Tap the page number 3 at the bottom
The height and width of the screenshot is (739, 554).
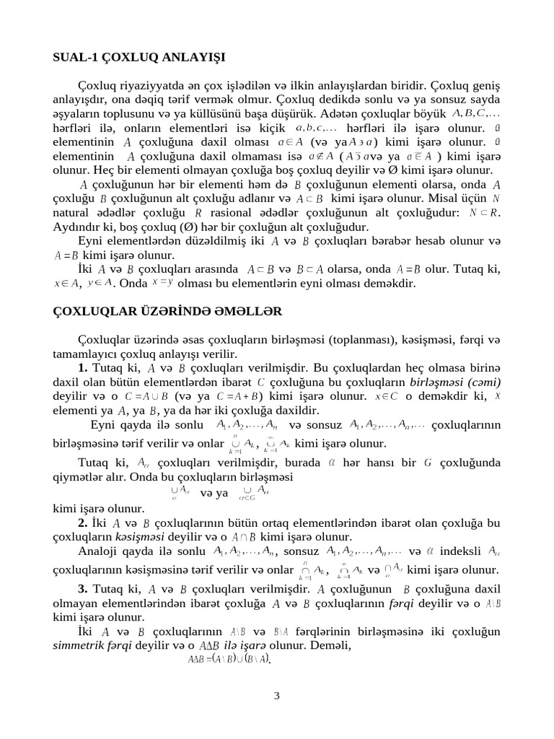pyautogui.click(x=276, y=696)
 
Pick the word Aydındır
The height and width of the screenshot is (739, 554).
pyautogui.click(x=78, y=226)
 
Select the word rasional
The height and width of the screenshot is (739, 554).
pyautogui.click(x=243, y=212)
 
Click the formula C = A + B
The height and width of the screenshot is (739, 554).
pyautogui.click(x=238, y=396)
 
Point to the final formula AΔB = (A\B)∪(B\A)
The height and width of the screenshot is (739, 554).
pyautogui.click(x=229, y=659)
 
